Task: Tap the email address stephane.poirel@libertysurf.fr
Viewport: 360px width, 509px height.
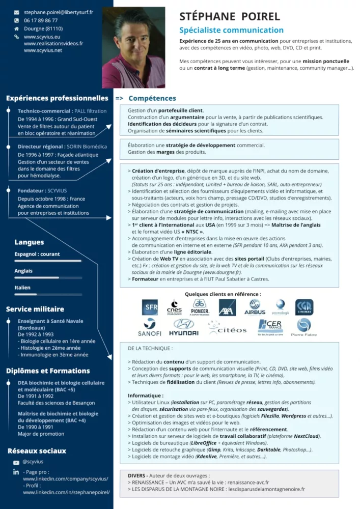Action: [58, 12]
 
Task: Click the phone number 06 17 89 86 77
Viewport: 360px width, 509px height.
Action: [41, 20]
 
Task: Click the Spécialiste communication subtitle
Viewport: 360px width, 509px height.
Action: [231, 30]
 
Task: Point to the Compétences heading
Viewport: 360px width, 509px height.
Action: [152, 98]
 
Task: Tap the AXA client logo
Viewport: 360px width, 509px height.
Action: [227, 307]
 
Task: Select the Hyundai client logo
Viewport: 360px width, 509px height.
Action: [184, 327]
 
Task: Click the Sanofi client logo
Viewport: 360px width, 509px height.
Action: [150, 327]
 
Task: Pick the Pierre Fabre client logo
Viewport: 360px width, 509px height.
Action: [304, 327]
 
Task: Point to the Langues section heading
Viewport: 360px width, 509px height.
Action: [29, 242]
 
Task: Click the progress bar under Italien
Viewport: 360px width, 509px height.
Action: [48, 294]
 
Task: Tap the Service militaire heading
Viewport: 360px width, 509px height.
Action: [35, 309]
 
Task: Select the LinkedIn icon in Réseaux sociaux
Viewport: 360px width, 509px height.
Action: [16, 472]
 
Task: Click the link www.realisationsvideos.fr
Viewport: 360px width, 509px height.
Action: [53, 44]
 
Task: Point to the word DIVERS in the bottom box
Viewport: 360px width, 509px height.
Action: [137, 475]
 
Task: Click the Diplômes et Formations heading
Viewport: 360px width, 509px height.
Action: [48, 371]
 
